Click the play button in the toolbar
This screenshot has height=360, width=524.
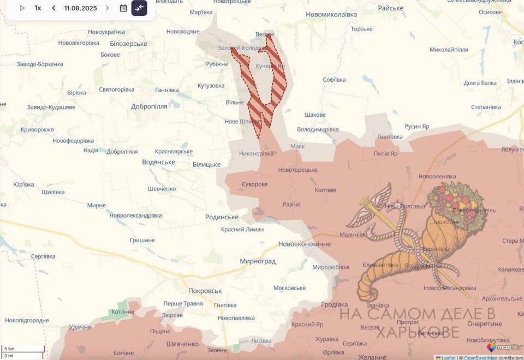[x=22, y=8]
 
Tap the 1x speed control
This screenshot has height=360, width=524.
[x=38, y=8]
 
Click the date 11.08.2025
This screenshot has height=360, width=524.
[x=80, y=8]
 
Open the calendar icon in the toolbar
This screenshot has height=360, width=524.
[x=123, y=8]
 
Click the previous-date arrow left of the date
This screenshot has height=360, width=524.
[x=53, y=8]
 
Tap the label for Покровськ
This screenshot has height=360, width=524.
[x=205, y=291]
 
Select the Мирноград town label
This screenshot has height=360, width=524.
[x=258, y=261]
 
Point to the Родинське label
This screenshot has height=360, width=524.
[x=222, y=217]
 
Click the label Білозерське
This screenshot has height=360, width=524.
[x=128, y=44]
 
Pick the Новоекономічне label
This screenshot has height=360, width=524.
[x=304, y=244]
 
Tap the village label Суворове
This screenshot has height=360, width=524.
[x=255, y=184]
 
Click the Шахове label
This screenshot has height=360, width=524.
[x=315, y=115]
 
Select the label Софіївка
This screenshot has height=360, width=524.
[x=334, y=80]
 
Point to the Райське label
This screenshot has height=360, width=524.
[x=390, y=8]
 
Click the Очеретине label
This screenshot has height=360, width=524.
[x=469, y=324]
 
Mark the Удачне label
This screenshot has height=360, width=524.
[x=80, y=327]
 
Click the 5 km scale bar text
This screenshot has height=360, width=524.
[x=9, y=348]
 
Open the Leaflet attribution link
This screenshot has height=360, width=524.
[x=448, y=358]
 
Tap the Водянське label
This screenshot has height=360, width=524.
[x=158, y=162]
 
